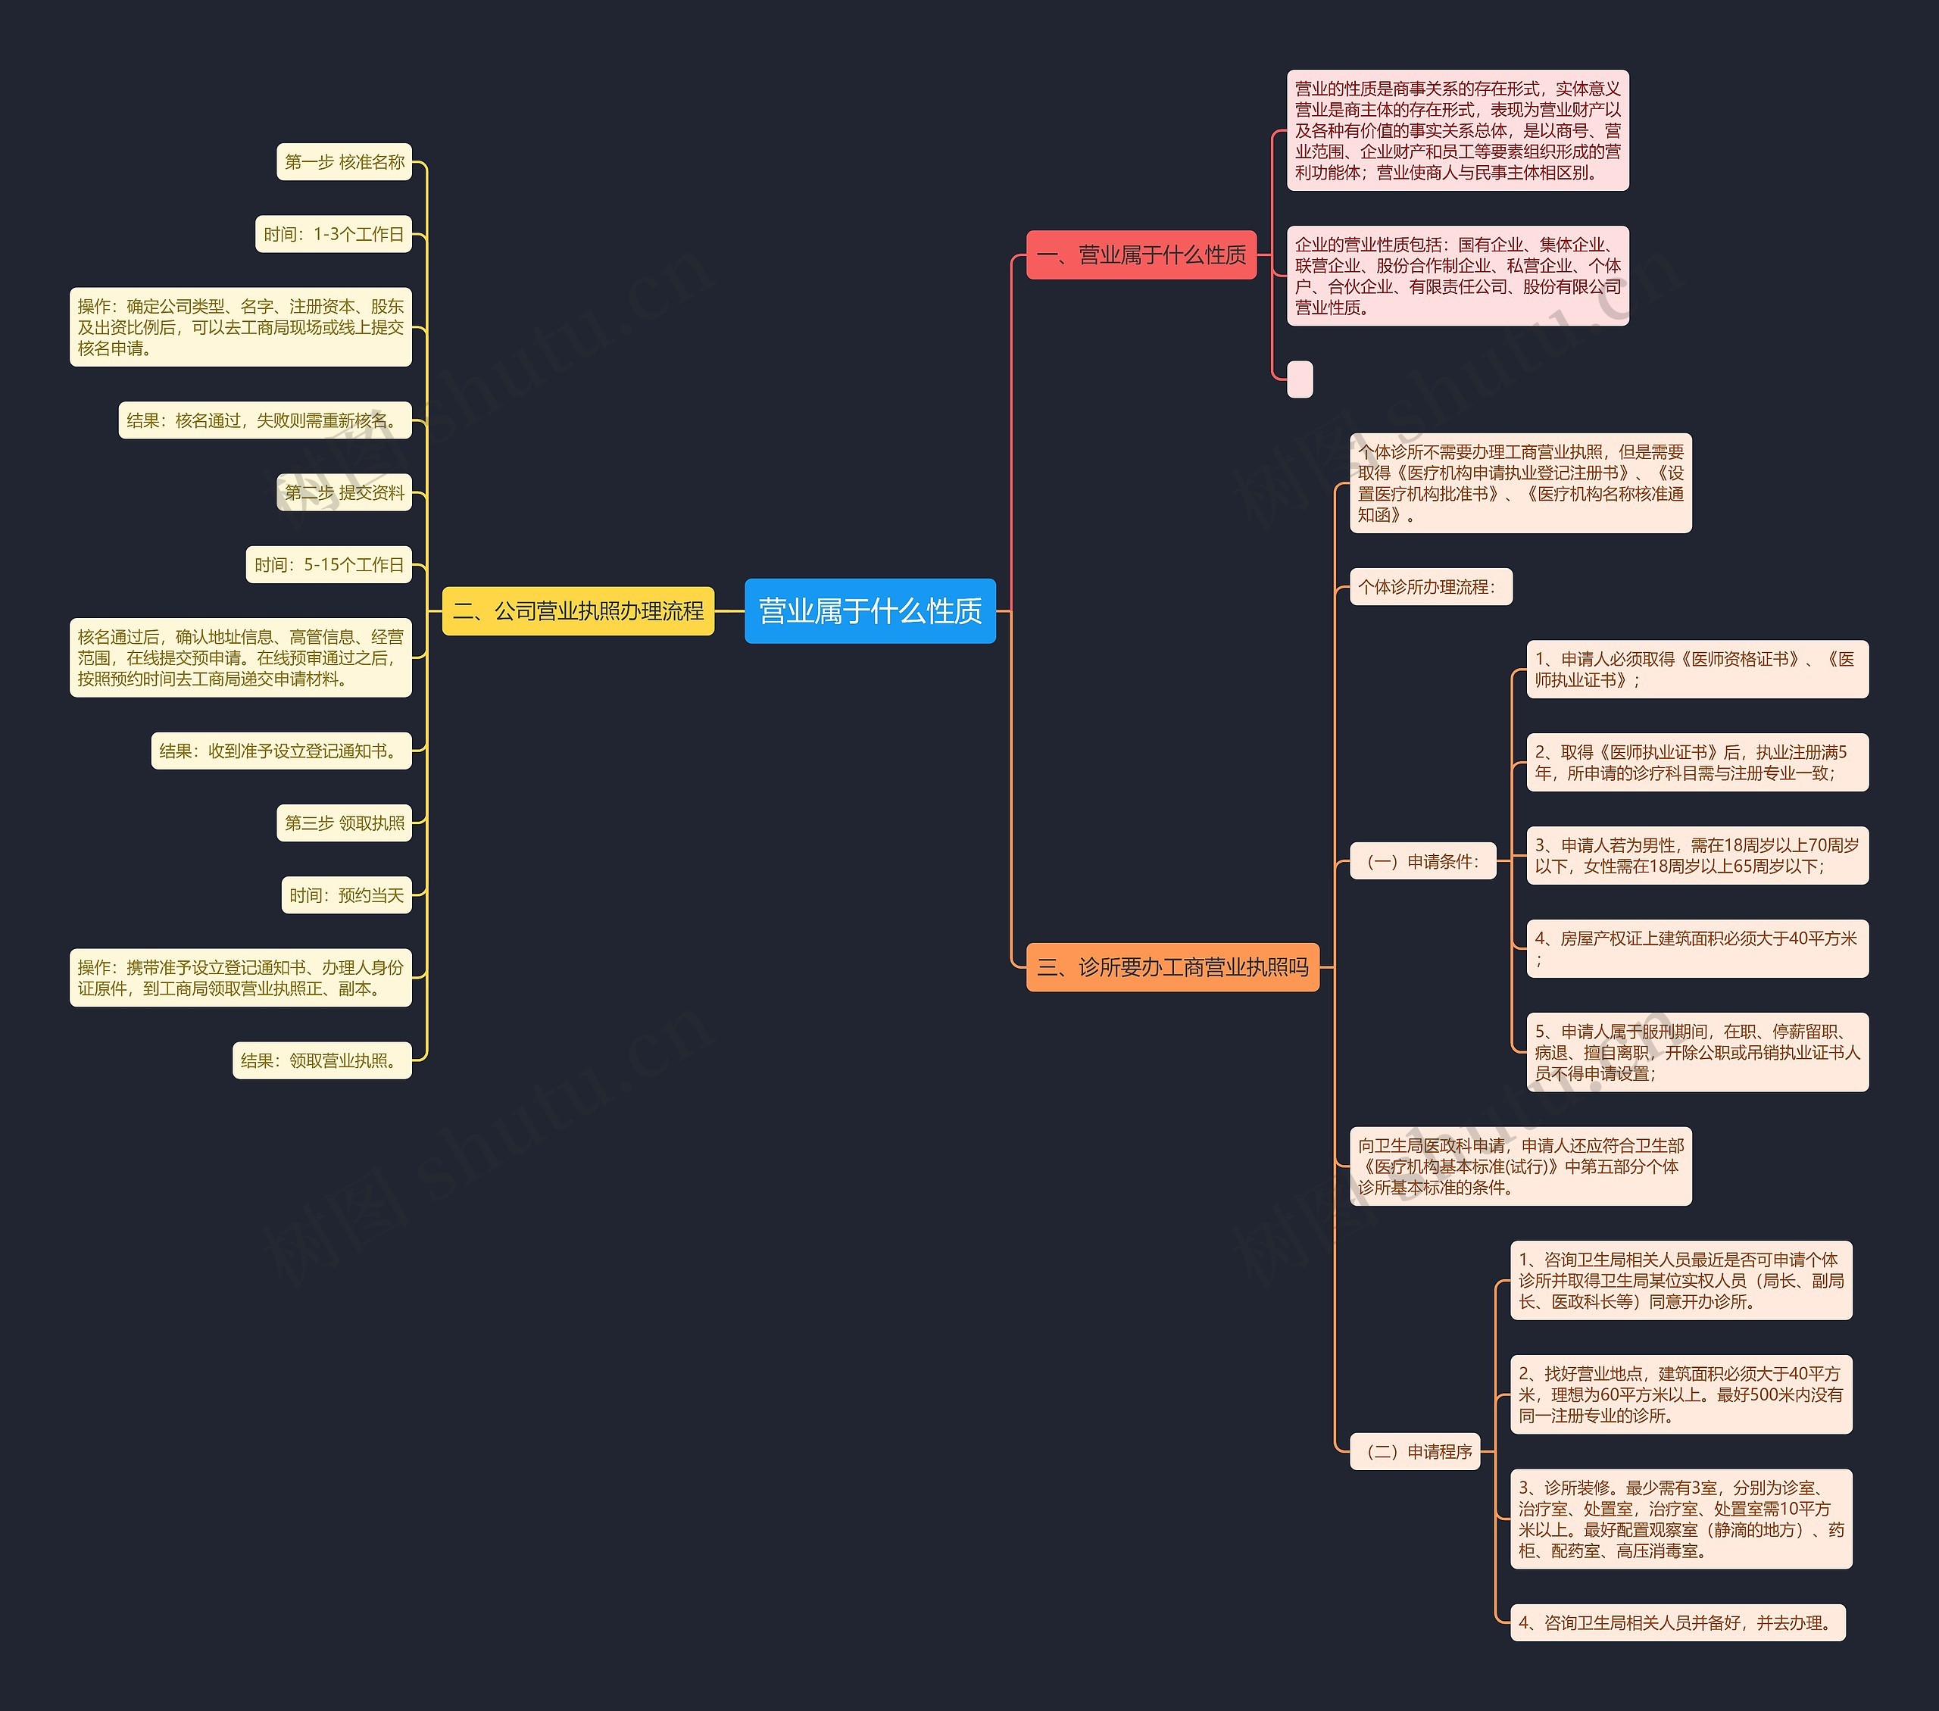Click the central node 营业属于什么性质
coord(870,610)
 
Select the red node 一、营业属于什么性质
coord(1141,254)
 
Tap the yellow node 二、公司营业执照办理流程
coord(578,610)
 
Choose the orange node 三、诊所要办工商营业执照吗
coord(1172,966)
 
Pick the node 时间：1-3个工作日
coord(333,234)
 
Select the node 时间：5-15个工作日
coord(328,564)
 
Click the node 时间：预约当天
coord(346,895)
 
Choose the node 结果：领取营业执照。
coord(322,1060)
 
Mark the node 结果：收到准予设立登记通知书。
coord(281,751)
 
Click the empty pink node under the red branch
coord(1300,379)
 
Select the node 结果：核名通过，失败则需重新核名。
coord(264,420)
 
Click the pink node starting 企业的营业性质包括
coord(1457,276)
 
